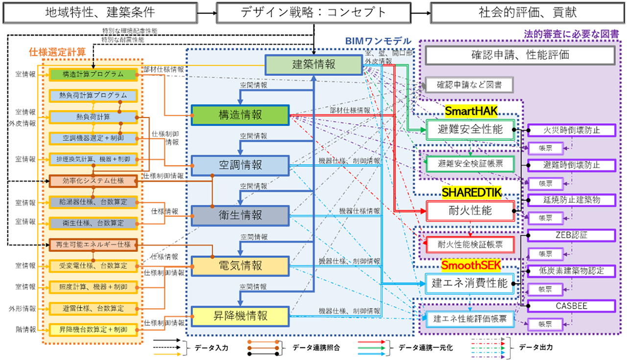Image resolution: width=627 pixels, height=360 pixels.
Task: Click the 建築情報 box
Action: click(314, 65)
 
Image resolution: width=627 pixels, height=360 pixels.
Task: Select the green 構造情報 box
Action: click(240, 115)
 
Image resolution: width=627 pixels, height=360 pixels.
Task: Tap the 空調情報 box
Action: click(240, 166)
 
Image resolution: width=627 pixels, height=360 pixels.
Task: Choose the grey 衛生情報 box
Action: click(240, 216)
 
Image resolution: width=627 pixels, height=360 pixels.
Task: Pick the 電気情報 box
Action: click(240, 266)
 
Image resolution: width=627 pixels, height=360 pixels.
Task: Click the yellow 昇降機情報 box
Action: click(240, 316)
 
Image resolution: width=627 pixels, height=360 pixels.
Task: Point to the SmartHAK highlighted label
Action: click(471, 111)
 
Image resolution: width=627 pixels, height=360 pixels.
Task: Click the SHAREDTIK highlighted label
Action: click(472, 192)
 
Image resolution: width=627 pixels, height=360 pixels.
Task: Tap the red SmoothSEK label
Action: click(471, 265)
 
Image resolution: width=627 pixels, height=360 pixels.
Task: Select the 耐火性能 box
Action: click(470, 211)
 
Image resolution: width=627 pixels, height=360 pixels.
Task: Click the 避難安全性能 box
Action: click(470, 130)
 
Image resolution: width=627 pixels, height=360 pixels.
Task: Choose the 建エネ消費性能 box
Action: click(470, 284)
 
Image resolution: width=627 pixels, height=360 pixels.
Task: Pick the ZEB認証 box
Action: click(572, 236)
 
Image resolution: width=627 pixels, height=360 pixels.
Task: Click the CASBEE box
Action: click(572, 306)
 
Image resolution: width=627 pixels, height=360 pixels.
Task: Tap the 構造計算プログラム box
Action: click(93, 74)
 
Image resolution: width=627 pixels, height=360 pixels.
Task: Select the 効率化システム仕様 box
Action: click(93, 181)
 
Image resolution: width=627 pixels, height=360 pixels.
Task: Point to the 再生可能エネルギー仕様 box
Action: click(93, 245)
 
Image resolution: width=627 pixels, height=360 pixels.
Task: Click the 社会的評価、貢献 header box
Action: click(528, 13)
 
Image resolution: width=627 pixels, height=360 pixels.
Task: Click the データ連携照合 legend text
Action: click(316, 348)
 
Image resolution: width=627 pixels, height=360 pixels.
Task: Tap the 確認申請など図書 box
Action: click(469, 85)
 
